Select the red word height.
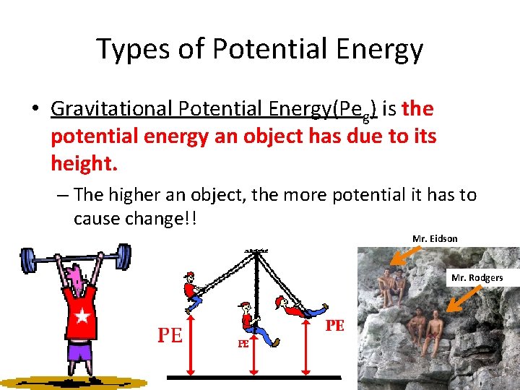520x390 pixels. (83, 164)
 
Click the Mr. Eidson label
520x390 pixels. (435, 239)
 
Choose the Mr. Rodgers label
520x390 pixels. (477, 277)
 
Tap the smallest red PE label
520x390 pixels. (243, 345)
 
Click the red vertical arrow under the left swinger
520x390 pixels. (191, 344)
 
